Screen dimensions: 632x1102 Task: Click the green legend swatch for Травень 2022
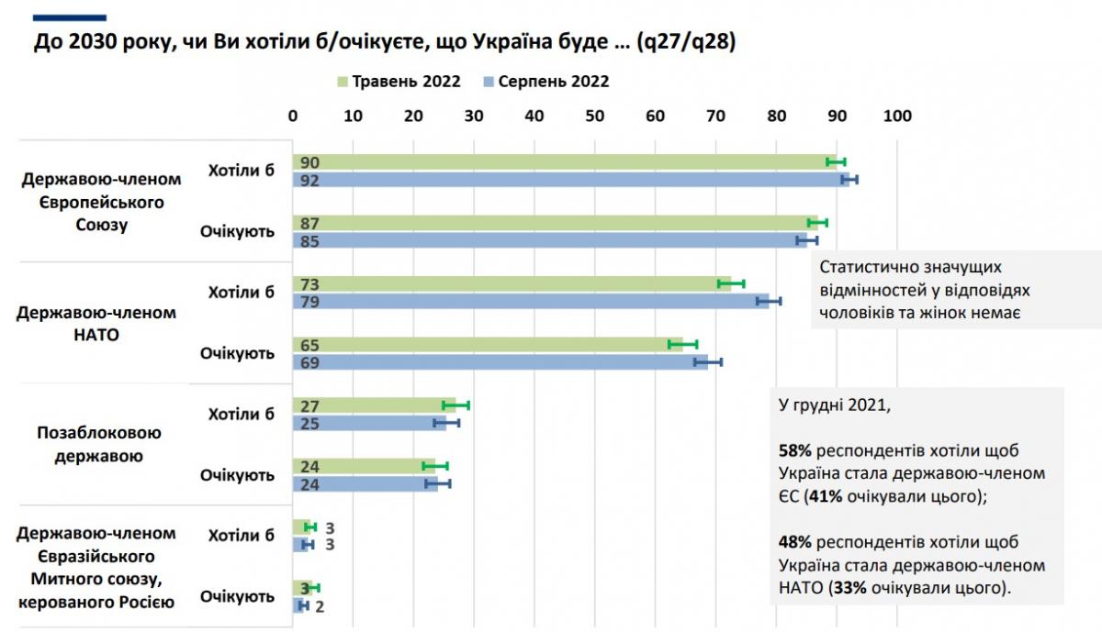[343, 82]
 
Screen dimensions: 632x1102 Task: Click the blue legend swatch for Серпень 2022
[489, 82]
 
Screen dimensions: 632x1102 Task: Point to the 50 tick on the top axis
[594, 116]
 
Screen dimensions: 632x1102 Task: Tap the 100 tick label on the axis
[896, 116]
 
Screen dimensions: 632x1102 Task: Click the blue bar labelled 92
[569, 180]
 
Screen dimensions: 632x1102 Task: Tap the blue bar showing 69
[500, 361]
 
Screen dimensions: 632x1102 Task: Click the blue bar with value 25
[368, 423]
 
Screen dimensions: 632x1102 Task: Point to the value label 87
[309, 223]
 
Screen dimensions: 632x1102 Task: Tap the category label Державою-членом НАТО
[96, 324]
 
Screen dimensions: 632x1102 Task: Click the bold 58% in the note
[793, 451]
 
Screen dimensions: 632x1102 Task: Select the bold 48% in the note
[793, 541]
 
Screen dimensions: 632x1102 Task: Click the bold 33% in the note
[846, 587]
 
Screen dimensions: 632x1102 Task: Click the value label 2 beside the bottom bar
[319, 605]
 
